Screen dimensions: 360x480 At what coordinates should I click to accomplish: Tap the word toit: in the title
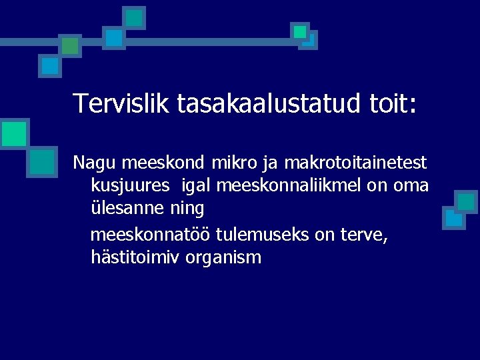[x=393, y=104]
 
